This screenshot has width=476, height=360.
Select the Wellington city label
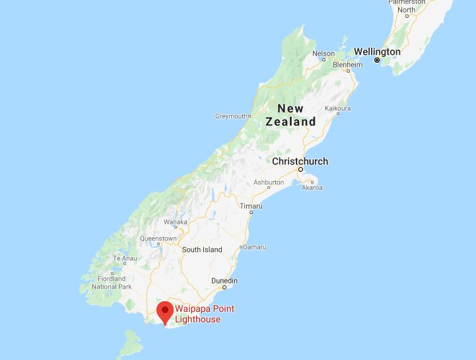click(377, 52)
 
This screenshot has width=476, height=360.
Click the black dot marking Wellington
click(377, 61)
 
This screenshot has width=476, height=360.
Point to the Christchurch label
click(300, 161)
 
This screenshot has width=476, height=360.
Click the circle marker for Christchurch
click(300, 170)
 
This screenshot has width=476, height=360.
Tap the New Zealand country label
click(290, 115)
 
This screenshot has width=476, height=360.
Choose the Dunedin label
click(224, 281)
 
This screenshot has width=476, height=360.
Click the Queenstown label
click(158, 238)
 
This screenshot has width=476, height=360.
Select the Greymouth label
click(232, 116)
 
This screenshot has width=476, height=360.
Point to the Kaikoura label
click(338, 108)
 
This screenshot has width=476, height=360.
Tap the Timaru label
click(251, 206)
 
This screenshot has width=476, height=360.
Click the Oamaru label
click(255, 247)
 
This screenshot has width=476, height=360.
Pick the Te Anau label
click(125, 258)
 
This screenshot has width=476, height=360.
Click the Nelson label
click(323, 54)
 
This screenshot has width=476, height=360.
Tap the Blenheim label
click(348, 65)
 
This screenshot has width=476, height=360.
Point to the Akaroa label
click(312, 188)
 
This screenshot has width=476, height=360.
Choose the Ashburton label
click(269, 182)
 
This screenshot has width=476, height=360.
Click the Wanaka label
click(175, 222)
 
